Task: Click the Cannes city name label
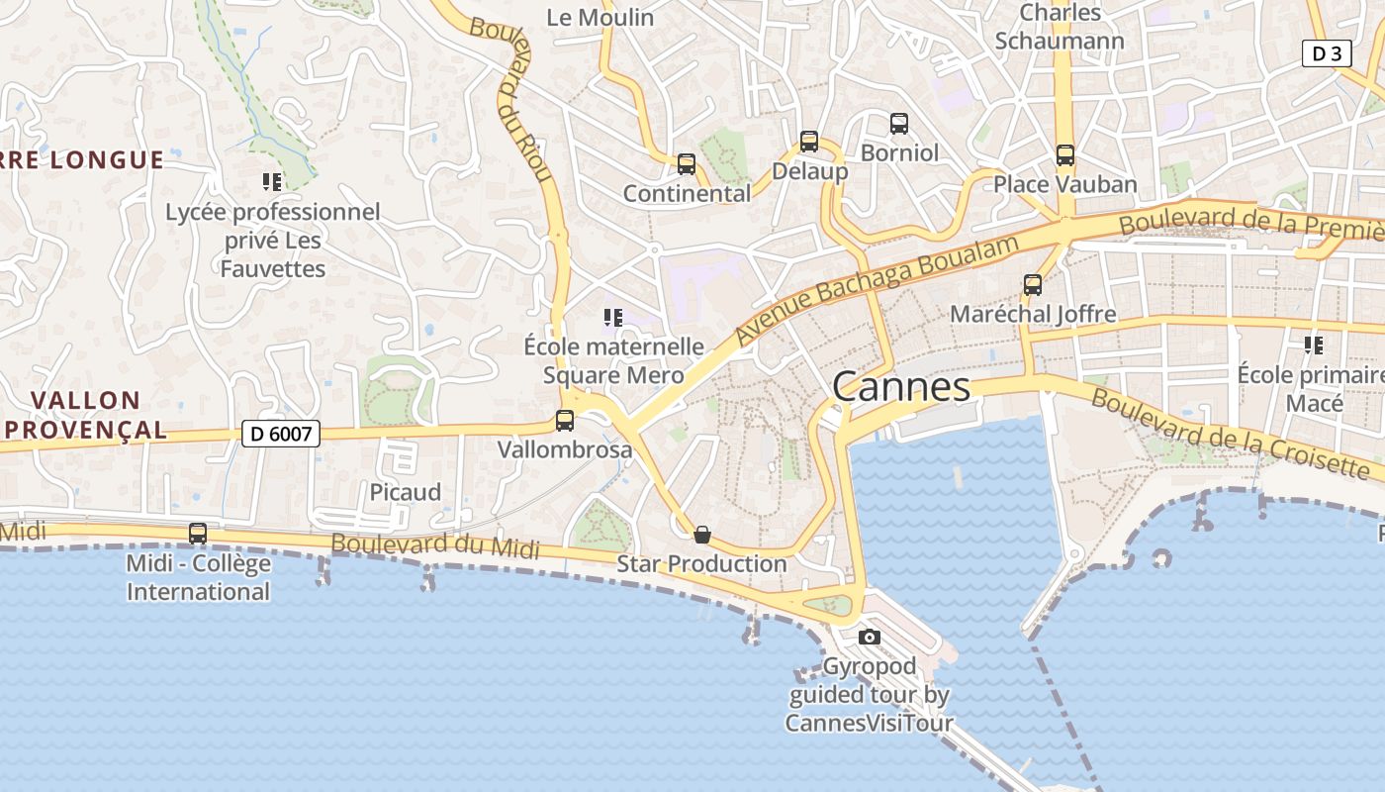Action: [901, 386]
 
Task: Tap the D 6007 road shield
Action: [281, 433]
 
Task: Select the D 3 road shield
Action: [1326, 53]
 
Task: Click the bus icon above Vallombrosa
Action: [565, 421]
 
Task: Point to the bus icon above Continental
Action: [687, 164]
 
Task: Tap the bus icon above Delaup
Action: [809, 142]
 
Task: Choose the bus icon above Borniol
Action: [899, 124]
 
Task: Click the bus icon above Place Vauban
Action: [1065, 155]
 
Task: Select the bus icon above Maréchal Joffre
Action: [1033, 285]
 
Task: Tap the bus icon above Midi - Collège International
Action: [198, 534]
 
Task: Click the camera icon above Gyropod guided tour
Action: [870, 637]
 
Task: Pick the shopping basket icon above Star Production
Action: [702, 535]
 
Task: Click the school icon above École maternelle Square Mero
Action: [612, 318]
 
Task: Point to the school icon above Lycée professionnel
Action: [272, 182]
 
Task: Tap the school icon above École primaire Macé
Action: [1314, 346]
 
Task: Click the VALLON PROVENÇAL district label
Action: [86, 415]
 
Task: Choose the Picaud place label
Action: [406, 492]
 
